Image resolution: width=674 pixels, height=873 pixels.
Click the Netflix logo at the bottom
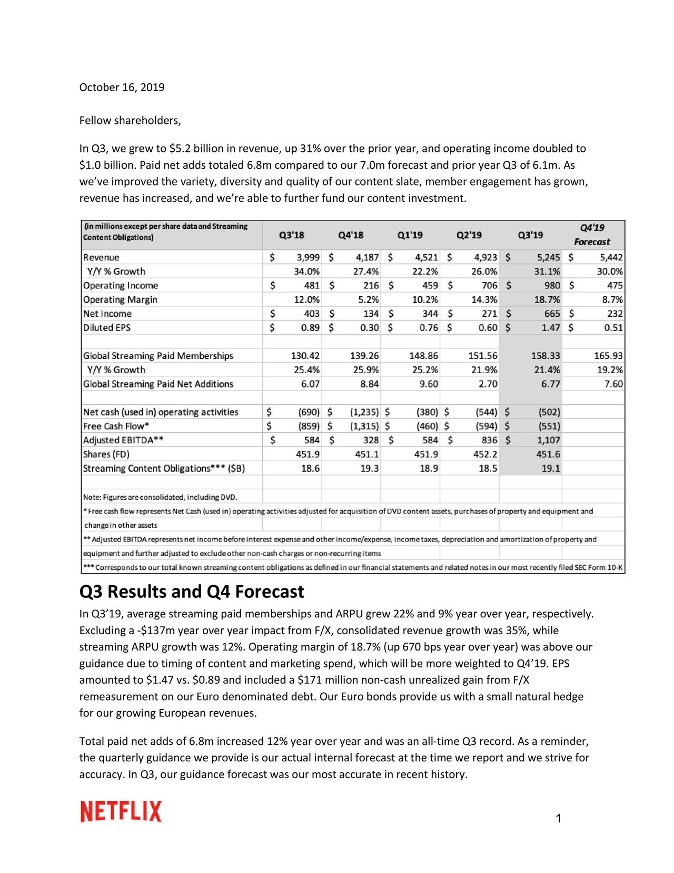[x=121, y=811]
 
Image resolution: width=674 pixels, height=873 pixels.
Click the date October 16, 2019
[x=122, y=88]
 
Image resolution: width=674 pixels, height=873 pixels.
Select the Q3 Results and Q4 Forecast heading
[x=191, y=591]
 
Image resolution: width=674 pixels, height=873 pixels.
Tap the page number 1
[x=558, y=818]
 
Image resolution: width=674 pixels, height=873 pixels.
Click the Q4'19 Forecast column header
[x=592, y=235]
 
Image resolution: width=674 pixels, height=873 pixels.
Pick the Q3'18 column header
[x=291, y=235]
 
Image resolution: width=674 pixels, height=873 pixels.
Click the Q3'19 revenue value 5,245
[x=548, y=258]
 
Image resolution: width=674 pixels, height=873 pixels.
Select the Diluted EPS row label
[x=107, y=328]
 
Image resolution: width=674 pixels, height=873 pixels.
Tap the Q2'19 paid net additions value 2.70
[x=488, y=384]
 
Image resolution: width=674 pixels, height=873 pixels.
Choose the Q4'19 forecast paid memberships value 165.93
[x=608, y=356]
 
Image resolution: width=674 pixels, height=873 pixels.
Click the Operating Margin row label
[x=120, y=300]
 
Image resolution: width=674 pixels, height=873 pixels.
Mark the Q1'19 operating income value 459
[x=430, y=286]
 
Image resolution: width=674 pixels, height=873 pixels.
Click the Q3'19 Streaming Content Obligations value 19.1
[x=551, y=469]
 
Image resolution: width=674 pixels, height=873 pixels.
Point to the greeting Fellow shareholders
[x=130, y=121]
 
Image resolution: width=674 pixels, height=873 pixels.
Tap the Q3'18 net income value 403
[x=311, y=314]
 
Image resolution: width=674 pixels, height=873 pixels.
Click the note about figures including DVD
[x=160, y=497]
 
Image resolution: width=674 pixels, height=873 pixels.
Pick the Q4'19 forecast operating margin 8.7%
[x=613, y=300]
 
